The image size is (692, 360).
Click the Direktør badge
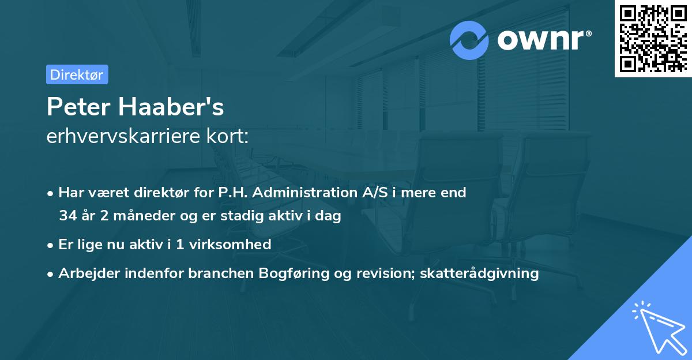[x=77, y=74]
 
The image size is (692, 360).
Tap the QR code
[x=652, y=39]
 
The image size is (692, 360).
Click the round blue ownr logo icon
[x=469, y=40]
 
